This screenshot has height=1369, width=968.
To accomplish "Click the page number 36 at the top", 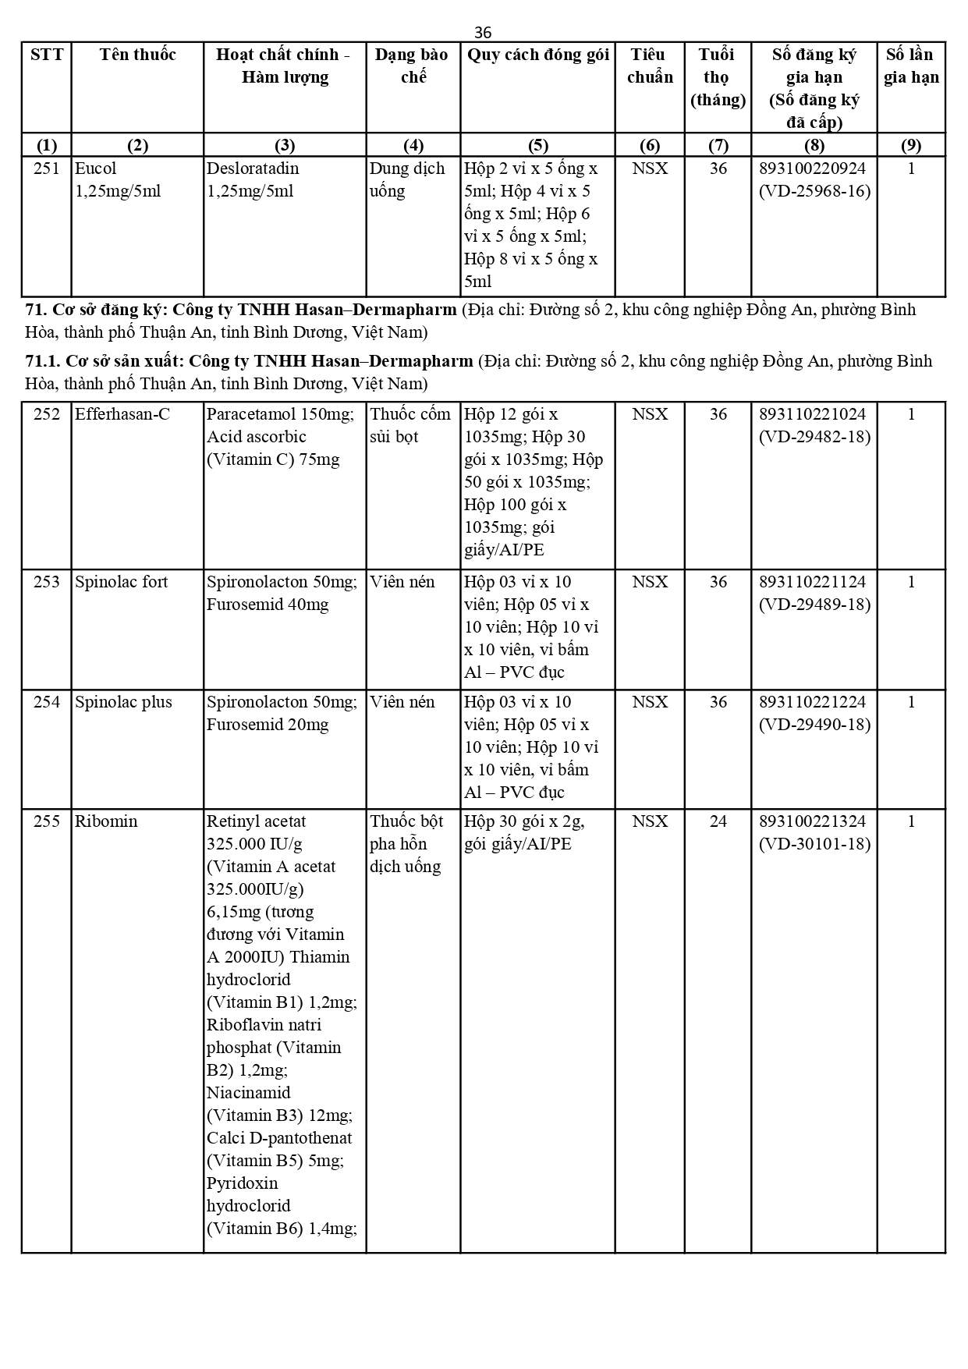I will point(483,32).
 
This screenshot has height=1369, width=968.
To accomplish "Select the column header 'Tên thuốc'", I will point(137,55).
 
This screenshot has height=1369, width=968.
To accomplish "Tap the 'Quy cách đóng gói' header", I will point(538,55).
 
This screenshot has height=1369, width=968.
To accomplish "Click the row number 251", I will point(47,168).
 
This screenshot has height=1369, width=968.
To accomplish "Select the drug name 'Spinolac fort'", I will point(121,582).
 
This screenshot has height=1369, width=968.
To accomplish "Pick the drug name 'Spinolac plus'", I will point(123,702).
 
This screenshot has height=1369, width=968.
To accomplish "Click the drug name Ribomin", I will point(106,821).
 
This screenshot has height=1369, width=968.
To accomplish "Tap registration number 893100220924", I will point(814,168).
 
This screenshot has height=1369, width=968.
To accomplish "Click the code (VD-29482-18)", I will point(814,437).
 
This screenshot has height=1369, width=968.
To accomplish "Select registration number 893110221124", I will point(814,582).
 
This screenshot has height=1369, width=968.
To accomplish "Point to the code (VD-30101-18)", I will point(814,844).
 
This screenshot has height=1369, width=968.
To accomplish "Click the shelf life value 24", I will point(718,821).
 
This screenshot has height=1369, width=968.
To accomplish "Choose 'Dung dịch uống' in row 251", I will point(407,179).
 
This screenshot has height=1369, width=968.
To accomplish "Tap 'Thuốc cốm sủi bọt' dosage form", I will point(410,425).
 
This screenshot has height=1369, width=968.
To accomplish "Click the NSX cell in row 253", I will point(650,582).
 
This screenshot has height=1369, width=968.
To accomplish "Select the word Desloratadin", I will point(253,168).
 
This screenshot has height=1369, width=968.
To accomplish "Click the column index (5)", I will point(538,145).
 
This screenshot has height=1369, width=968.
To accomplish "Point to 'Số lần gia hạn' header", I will point(911,66).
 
